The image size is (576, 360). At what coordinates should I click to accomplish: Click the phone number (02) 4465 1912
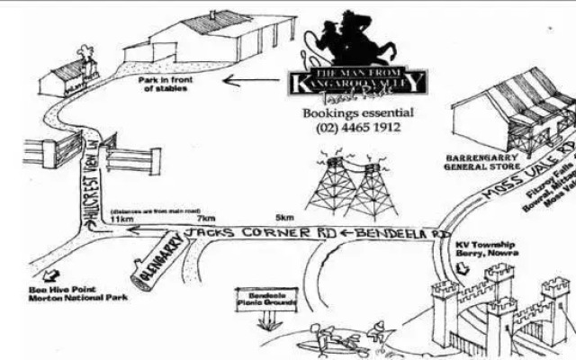[358, 129]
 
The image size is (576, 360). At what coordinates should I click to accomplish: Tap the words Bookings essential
[358, 113]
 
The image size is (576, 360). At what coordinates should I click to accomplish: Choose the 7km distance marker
[206, 218]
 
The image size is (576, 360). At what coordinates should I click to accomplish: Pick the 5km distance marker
[284, 218]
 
